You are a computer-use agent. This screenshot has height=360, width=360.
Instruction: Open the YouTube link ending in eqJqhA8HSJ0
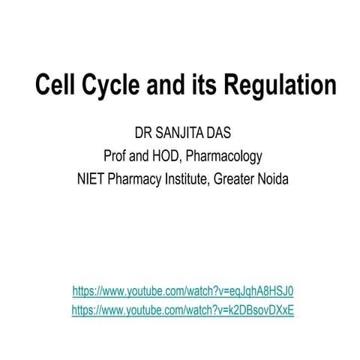click(x=183, y=291)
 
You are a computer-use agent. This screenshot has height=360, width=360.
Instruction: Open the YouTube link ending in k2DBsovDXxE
click(x=183, y=309)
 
